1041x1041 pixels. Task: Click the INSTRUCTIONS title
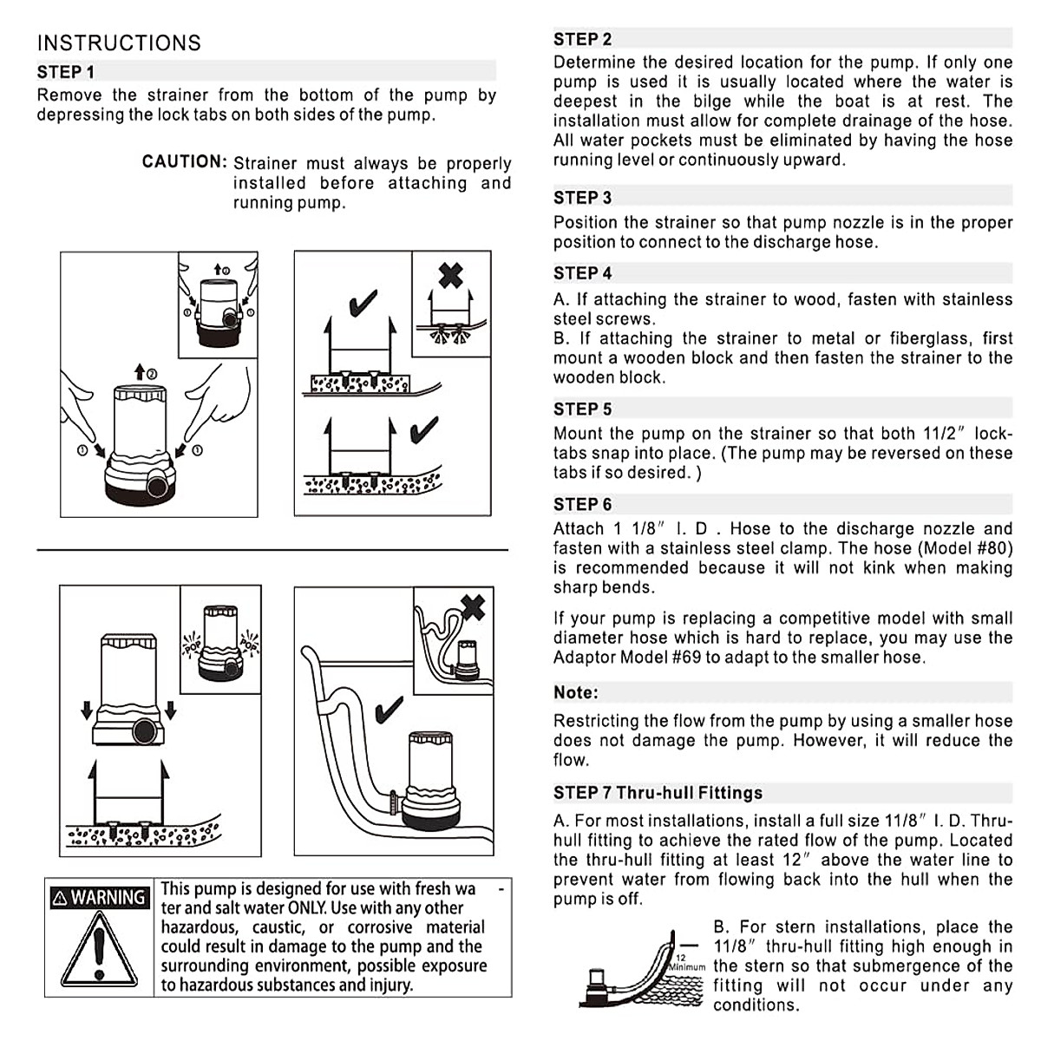click(119, 43)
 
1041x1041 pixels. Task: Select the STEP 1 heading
click(66, 72)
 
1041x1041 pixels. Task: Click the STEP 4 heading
click(582, 273)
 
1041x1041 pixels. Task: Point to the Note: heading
click(576, 692)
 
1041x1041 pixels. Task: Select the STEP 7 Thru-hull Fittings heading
click(658, 793)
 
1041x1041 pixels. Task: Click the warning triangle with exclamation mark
click(99, 951)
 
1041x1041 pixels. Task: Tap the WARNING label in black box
click(99, 896)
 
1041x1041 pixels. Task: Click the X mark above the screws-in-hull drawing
click(450, 275)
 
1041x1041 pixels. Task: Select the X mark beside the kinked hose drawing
click(474, 607)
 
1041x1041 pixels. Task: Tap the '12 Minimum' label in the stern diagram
click(687, 961)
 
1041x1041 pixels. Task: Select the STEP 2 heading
click(582, 39)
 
